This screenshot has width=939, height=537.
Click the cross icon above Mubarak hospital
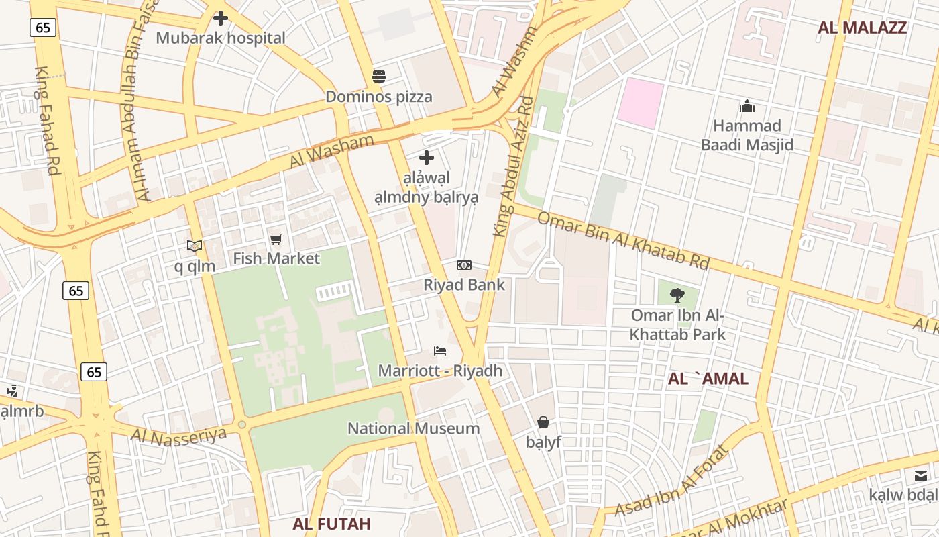point(221,18)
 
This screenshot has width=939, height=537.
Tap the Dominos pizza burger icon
point(379,77)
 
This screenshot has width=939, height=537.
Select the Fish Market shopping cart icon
point(276,239)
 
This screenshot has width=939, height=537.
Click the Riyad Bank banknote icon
point(464,265)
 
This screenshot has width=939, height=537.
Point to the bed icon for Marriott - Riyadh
point(440,351)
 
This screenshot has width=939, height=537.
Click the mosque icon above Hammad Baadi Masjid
point(747,106)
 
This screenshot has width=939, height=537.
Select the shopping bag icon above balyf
point(543,422)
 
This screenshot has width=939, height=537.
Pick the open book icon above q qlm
point(195,246)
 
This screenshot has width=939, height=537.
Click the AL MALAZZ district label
point(862,28)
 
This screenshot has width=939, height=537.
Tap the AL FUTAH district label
point(331,524)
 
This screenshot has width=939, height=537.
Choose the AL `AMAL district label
point(708,379)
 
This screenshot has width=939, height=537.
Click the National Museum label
point(413,428)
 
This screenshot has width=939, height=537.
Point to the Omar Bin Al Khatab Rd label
point(623,240)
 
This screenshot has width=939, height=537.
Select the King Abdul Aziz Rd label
point(513,166)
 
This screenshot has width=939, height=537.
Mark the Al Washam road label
point(331,152)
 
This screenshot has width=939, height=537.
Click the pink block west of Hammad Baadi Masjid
point(640,103)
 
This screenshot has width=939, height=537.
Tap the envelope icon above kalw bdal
point(920,476)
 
